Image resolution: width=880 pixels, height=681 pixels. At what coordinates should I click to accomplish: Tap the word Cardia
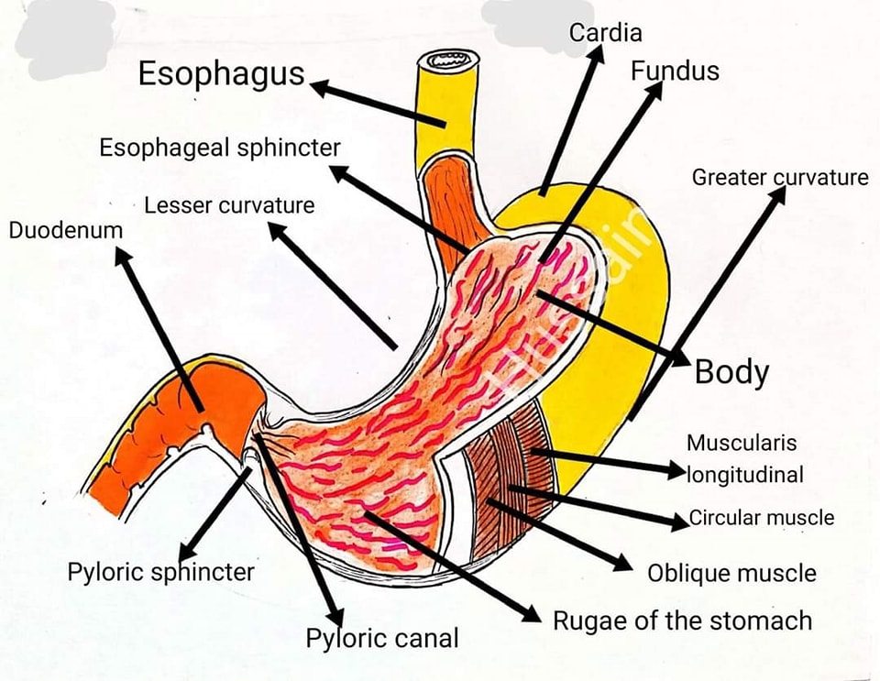tap(605, 32)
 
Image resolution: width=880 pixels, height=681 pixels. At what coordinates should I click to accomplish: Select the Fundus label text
tap(675, 71)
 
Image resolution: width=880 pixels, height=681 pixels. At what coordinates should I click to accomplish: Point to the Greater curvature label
tap(780, 177)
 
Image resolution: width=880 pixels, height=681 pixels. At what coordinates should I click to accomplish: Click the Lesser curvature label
tap(229, 205)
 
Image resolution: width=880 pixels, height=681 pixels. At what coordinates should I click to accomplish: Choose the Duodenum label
tap(66, 230)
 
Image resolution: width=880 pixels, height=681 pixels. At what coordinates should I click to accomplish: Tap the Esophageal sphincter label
tap(220, 148)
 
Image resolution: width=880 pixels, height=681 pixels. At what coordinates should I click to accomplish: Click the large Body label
tap(731, 372)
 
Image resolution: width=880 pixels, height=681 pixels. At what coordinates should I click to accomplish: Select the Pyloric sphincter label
tap(160, 573)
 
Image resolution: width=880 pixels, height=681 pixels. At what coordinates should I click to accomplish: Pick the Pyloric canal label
tap(382, 639)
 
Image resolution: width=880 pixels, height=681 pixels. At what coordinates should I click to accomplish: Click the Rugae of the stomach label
tap(682, 621)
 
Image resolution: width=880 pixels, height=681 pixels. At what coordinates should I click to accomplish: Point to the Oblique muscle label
tap(731, 573)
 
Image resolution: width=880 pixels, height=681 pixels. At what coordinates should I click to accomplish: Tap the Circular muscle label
tap(762, 517)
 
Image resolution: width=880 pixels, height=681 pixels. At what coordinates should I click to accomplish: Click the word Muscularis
tap(742, 443)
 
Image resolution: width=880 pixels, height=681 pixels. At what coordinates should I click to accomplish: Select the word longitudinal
tap(745, 475)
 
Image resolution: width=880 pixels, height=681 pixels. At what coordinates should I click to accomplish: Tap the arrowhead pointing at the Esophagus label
tap(319, 88)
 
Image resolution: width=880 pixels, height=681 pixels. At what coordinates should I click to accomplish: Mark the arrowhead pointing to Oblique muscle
tap(623, 563)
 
